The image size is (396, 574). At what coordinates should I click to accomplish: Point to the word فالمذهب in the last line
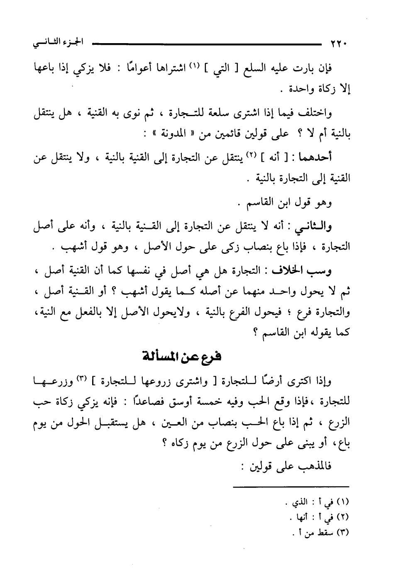tap(308, 467)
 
